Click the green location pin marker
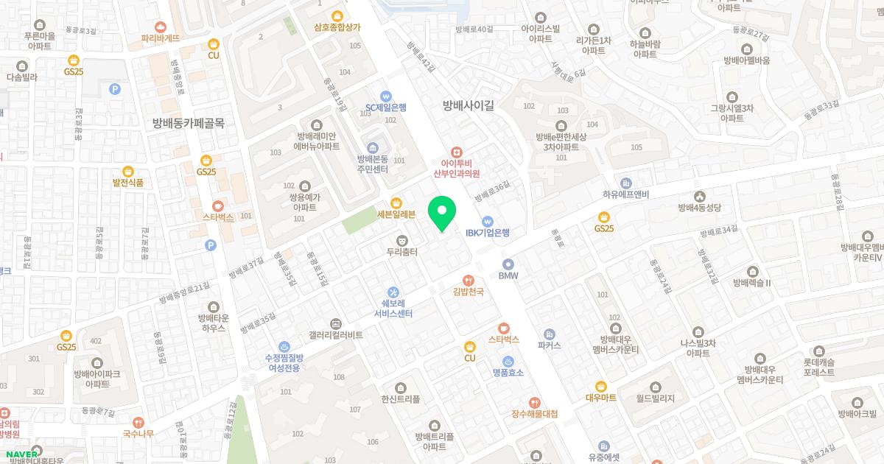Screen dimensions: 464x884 point(442,214)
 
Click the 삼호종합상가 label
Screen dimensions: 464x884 point(337,27)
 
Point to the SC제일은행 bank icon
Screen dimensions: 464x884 point(385,96)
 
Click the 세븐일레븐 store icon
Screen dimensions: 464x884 point(396,203)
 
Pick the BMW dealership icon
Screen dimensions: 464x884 point(508,264)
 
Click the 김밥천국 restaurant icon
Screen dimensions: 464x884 point(468,281)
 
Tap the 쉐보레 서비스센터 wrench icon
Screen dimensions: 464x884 point(393,291)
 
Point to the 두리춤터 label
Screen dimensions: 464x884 point(402,252)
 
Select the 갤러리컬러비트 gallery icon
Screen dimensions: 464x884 point(335,323)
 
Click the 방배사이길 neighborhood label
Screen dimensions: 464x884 point(468,105)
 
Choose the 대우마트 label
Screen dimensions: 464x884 point(601,398)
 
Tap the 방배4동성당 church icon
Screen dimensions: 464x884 point(698,196)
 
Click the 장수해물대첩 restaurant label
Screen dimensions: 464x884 point(535,414)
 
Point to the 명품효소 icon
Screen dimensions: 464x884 point(508,361)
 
